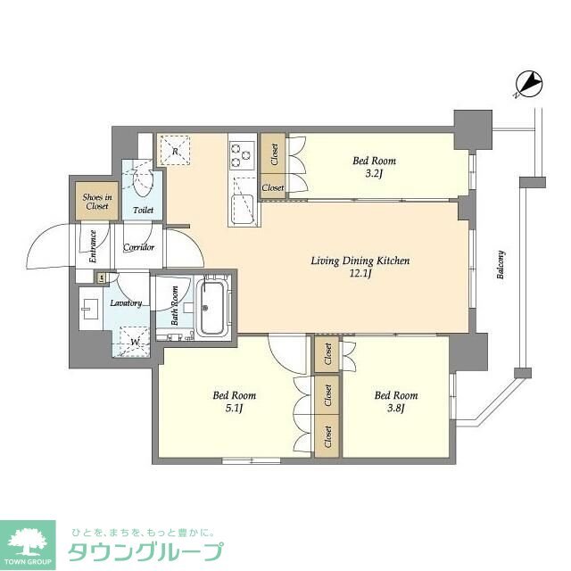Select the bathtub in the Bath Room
(212, 309)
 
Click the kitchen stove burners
(242, 155)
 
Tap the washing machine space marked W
(135, 341)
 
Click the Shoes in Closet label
(96, 202)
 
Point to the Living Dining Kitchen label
(360, 261)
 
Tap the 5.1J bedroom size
(235, 409)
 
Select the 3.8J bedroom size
(396, 409)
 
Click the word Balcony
(501, 264)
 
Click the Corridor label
(138, 247)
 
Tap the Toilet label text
(143, 211)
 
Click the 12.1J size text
(360, 274)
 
